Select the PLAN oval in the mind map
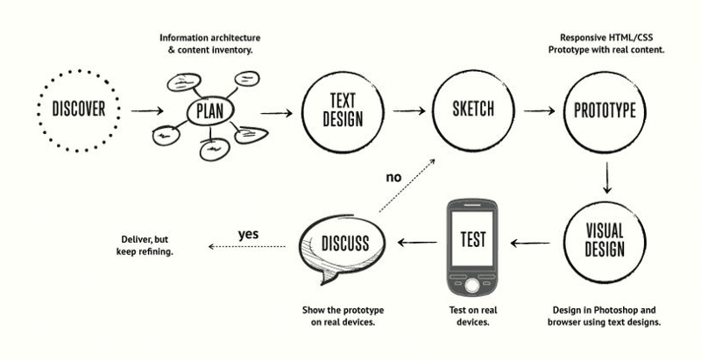[x=209, y=113]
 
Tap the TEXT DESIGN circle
[x=343, y=111]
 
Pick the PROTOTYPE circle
[x=605, y=110]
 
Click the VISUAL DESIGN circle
[x=605, y=240]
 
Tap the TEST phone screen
[x=472, y=239]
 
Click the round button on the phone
[x=472, y=285]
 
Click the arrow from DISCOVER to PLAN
[x=146, y=111]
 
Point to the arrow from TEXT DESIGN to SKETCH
[x=408, y=111]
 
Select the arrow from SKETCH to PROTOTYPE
[x=539, y=111]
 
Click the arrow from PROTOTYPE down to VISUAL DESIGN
[x=606, y=179]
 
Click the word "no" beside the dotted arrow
[x=393, y=177]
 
